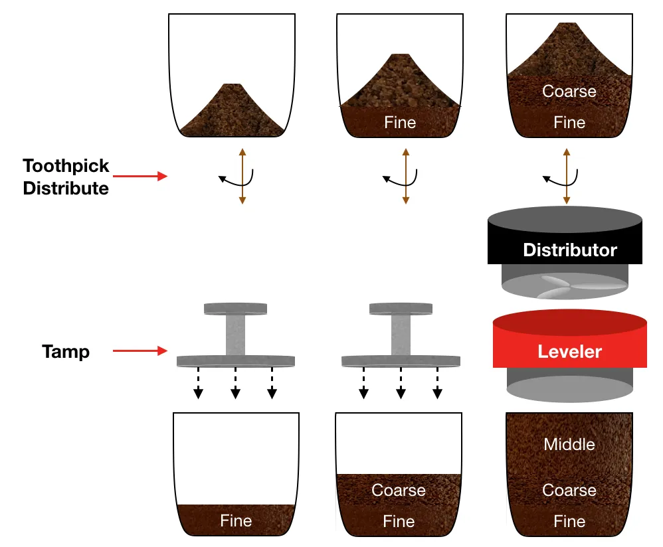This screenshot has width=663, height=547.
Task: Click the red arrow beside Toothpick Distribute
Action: [x=140, y=177]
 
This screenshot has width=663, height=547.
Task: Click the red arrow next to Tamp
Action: [x=140, y=351]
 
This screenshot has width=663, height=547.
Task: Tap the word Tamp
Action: [x=66, y=351]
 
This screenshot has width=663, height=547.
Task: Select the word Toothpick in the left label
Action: [x=66, y=166]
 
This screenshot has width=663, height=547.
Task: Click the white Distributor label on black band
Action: [x=569, y=250]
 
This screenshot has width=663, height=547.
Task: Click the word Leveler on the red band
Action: [x=569, y=351]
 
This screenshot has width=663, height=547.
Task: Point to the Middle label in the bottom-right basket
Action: [x=569, y=444]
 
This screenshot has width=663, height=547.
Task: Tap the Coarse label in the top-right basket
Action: [x=569, y=91]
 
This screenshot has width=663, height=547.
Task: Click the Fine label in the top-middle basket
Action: [x=400, y=123]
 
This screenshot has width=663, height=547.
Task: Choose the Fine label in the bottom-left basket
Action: [x=236, y=521]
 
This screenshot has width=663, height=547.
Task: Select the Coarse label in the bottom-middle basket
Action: [x=399, y=491]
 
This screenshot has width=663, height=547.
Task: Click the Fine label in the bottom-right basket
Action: [x=569, y=521]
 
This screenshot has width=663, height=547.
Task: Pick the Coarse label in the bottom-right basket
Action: [x=569, y=491]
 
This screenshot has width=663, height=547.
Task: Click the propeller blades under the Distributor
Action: [x=565, y=283]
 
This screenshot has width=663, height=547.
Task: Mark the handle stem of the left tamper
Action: [x=235, y=334]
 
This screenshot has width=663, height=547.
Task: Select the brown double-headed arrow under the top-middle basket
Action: [x=405, y=176]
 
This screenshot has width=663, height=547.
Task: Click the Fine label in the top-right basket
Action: [x=569, y=123]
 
